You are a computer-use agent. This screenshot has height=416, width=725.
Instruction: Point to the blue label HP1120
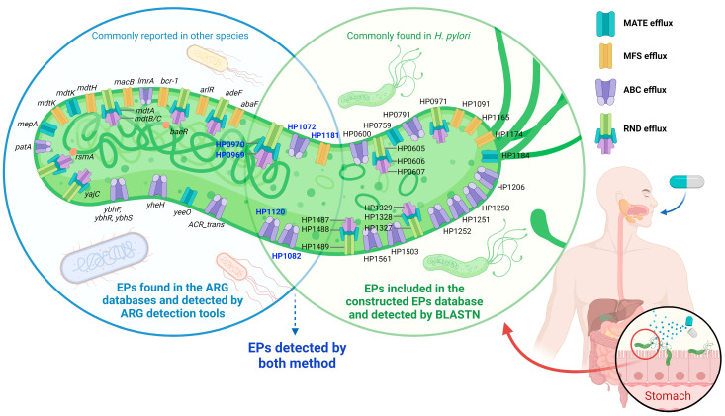[x=270, y=211]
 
